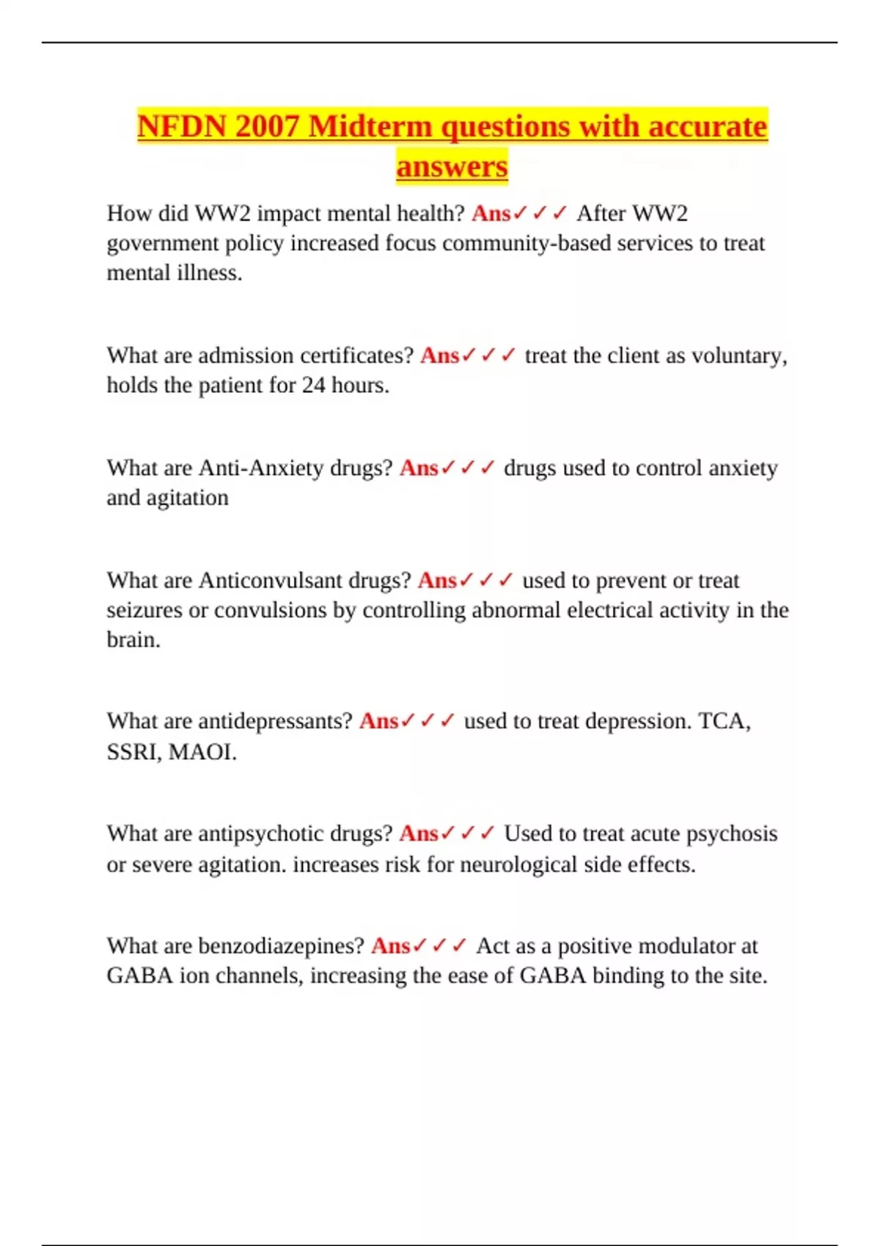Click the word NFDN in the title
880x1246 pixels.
click(182, 127)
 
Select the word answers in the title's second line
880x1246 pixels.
click(452, 166)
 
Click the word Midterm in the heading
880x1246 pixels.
click(370, 127)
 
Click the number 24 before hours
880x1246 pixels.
click(313, 386)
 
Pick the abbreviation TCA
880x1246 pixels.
click(723, 722)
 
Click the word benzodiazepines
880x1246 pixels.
click(281, 946)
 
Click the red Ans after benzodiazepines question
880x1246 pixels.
click(390, 946)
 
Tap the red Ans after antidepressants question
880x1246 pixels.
click(378, 722)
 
